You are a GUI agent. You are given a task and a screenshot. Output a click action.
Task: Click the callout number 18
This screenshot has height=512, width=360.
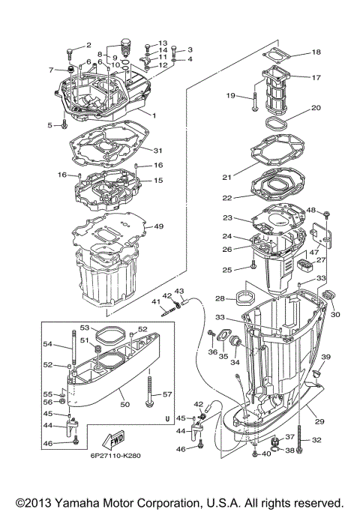coord(316,52)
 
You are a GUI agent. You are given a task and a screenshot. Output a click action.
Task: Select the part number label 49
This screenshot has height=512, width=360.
coord(158,226)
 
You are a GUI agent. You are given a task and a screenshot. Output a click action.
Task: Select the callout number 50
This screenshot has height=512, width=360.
coord(124,405)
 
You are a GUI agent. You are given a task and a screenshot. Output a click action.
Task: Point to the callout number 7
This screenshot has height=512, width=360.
coord(51,70)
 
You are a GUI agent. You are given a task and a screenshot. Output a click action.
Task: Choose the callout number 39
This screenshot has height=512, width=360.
coord(326,357)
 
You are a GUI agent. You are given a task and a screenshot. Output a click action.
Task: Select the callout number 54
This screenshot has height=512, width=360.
coord(46,343)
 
